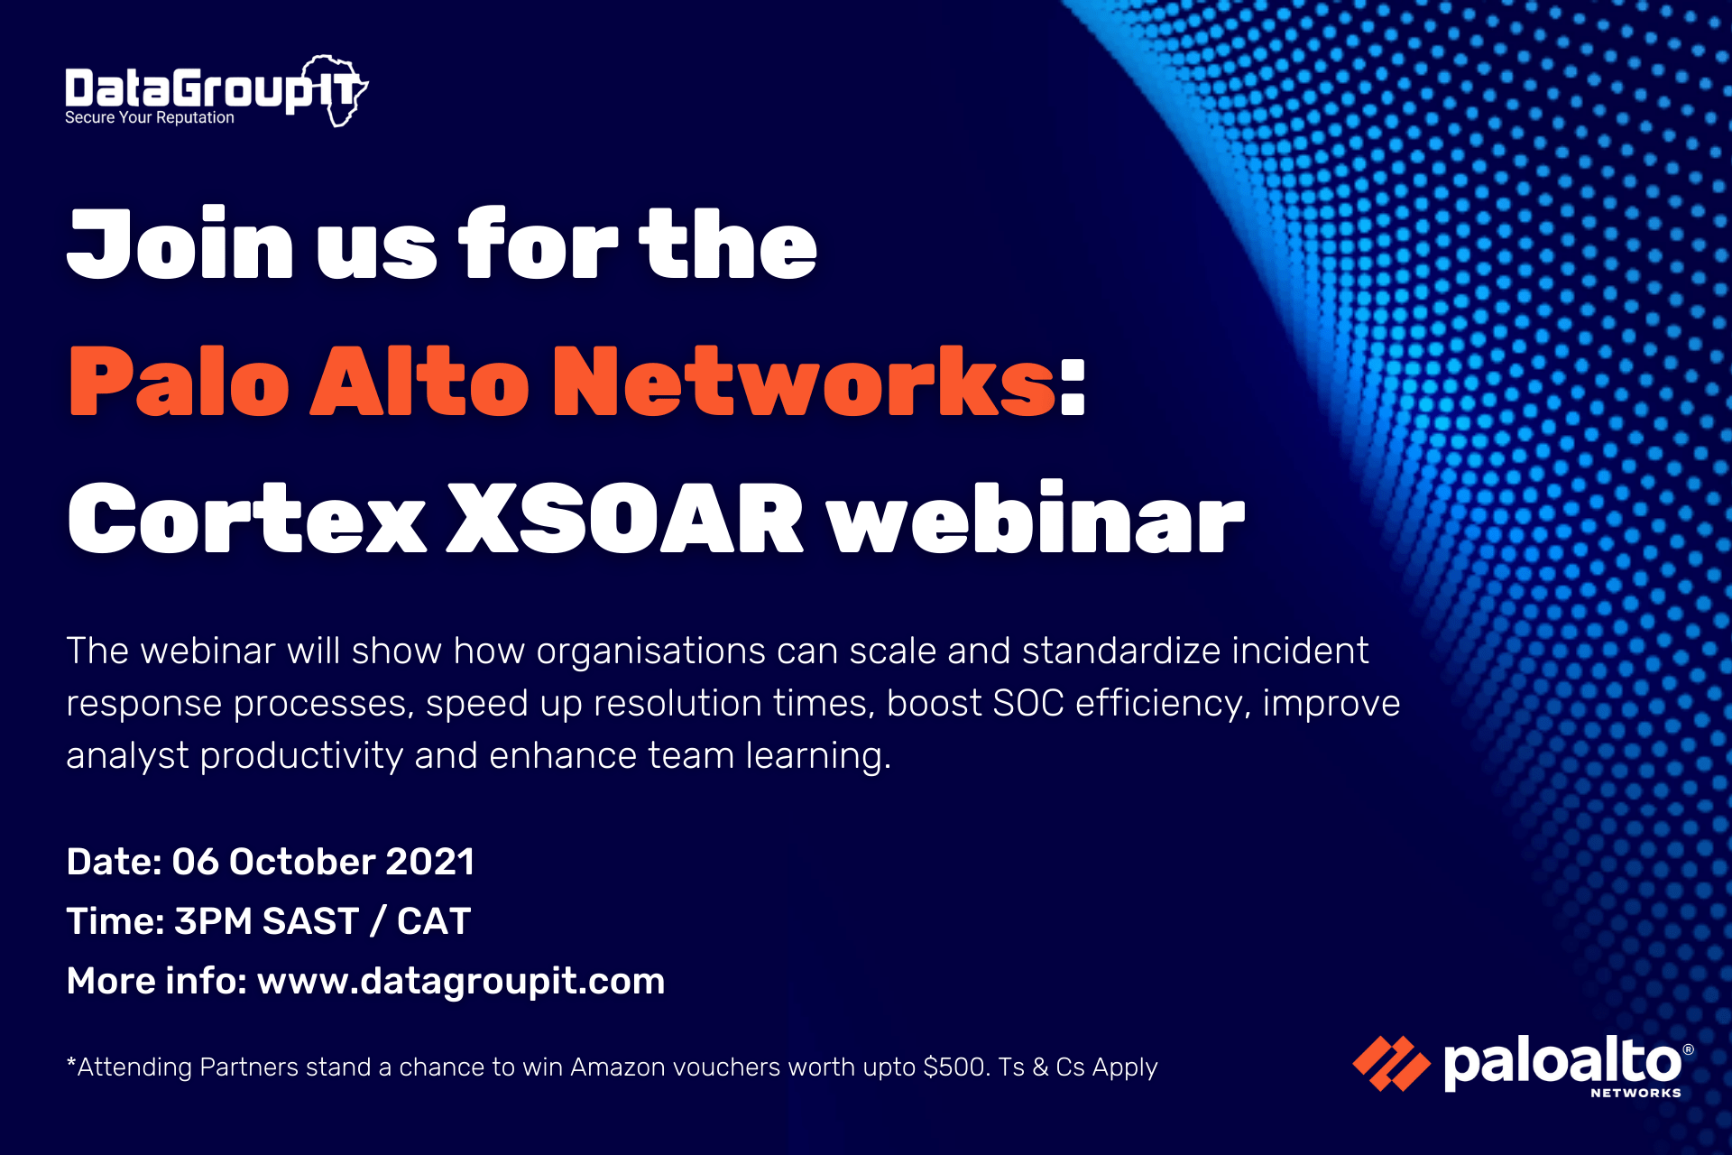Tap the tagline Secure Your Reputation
click(x=150, y=117)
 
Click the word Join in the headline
click(x=180, y=243)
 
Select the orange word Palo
click(x=179, y=381)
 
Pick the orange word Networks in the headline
click(x=804, y=381)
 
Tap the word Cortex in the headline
click(x=246, y=518)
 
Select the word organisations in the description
click(x=650, y=651)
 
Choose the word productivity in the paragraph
click(x=301, y=756)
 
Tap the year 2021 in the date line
click(x=429, y=862)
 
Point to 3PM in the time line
click(x=213, y=921)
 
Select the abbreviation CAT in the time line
click(x=434, y=921)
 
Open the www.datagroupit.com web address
click(x=461, y=982)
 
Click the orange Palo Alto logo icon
click(x=1391, y=1063)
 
